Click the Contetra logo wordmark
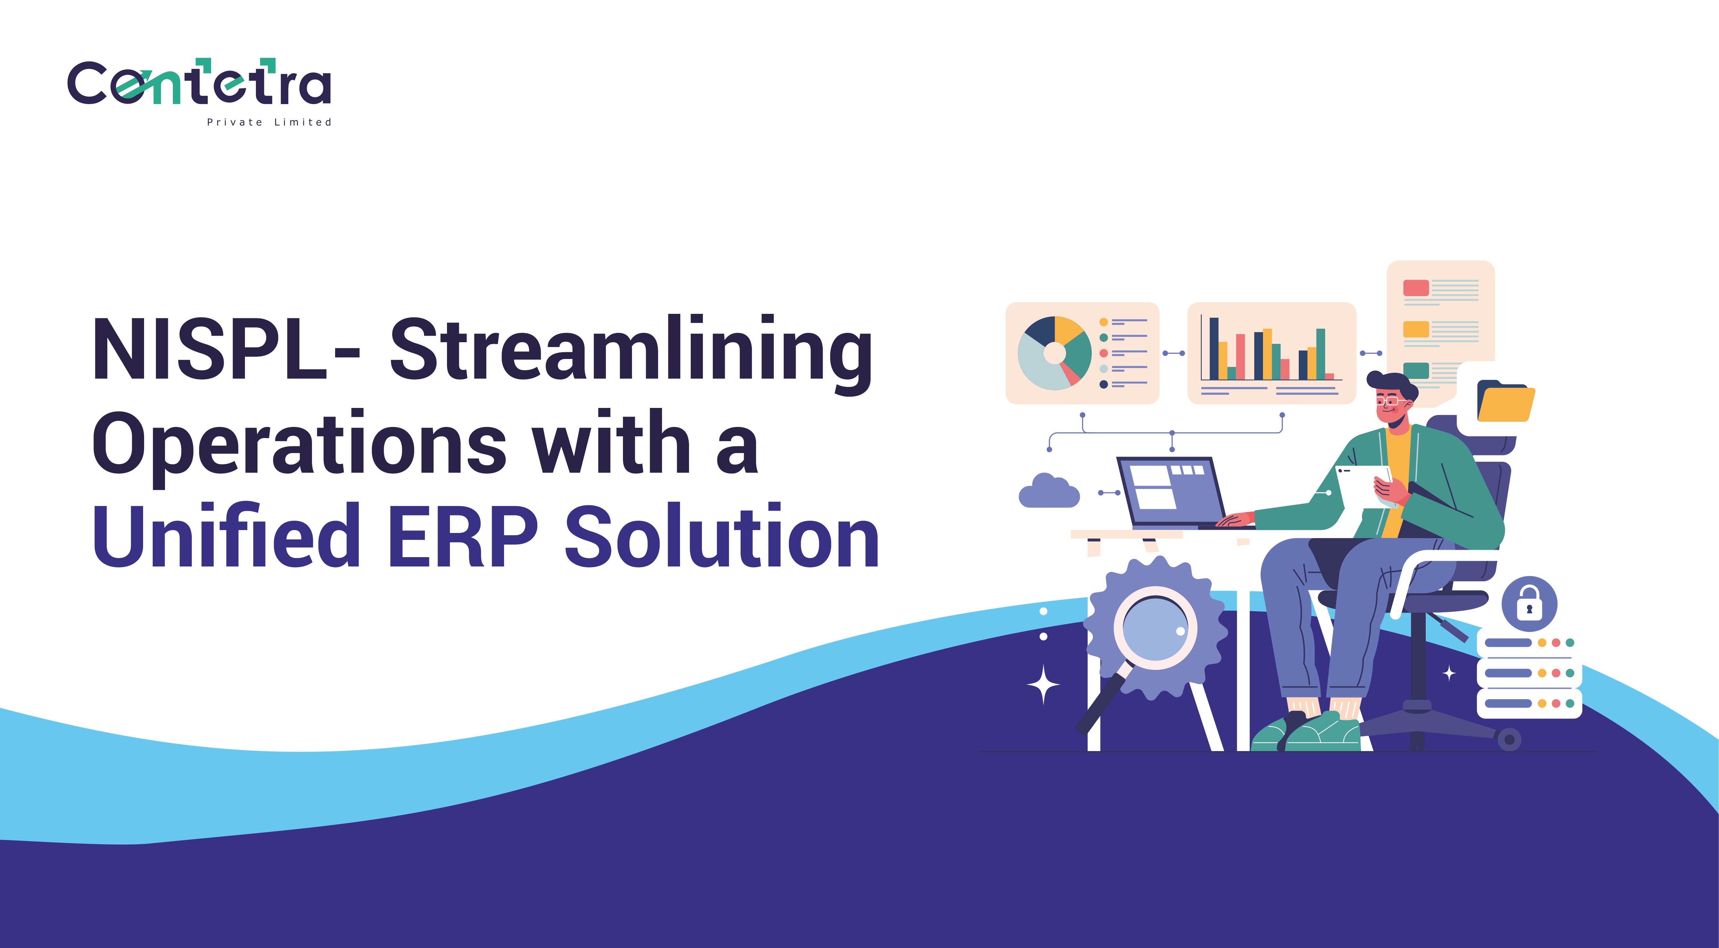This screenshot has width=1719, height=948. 199,83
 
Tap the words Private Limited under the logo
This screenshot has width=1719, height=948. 269,122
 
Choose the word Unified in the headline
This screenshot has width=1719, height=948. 227,536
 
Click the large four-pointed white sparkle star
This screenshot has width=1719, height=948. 1043,685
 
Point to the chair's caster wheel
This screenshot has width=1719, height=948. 1509,739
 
